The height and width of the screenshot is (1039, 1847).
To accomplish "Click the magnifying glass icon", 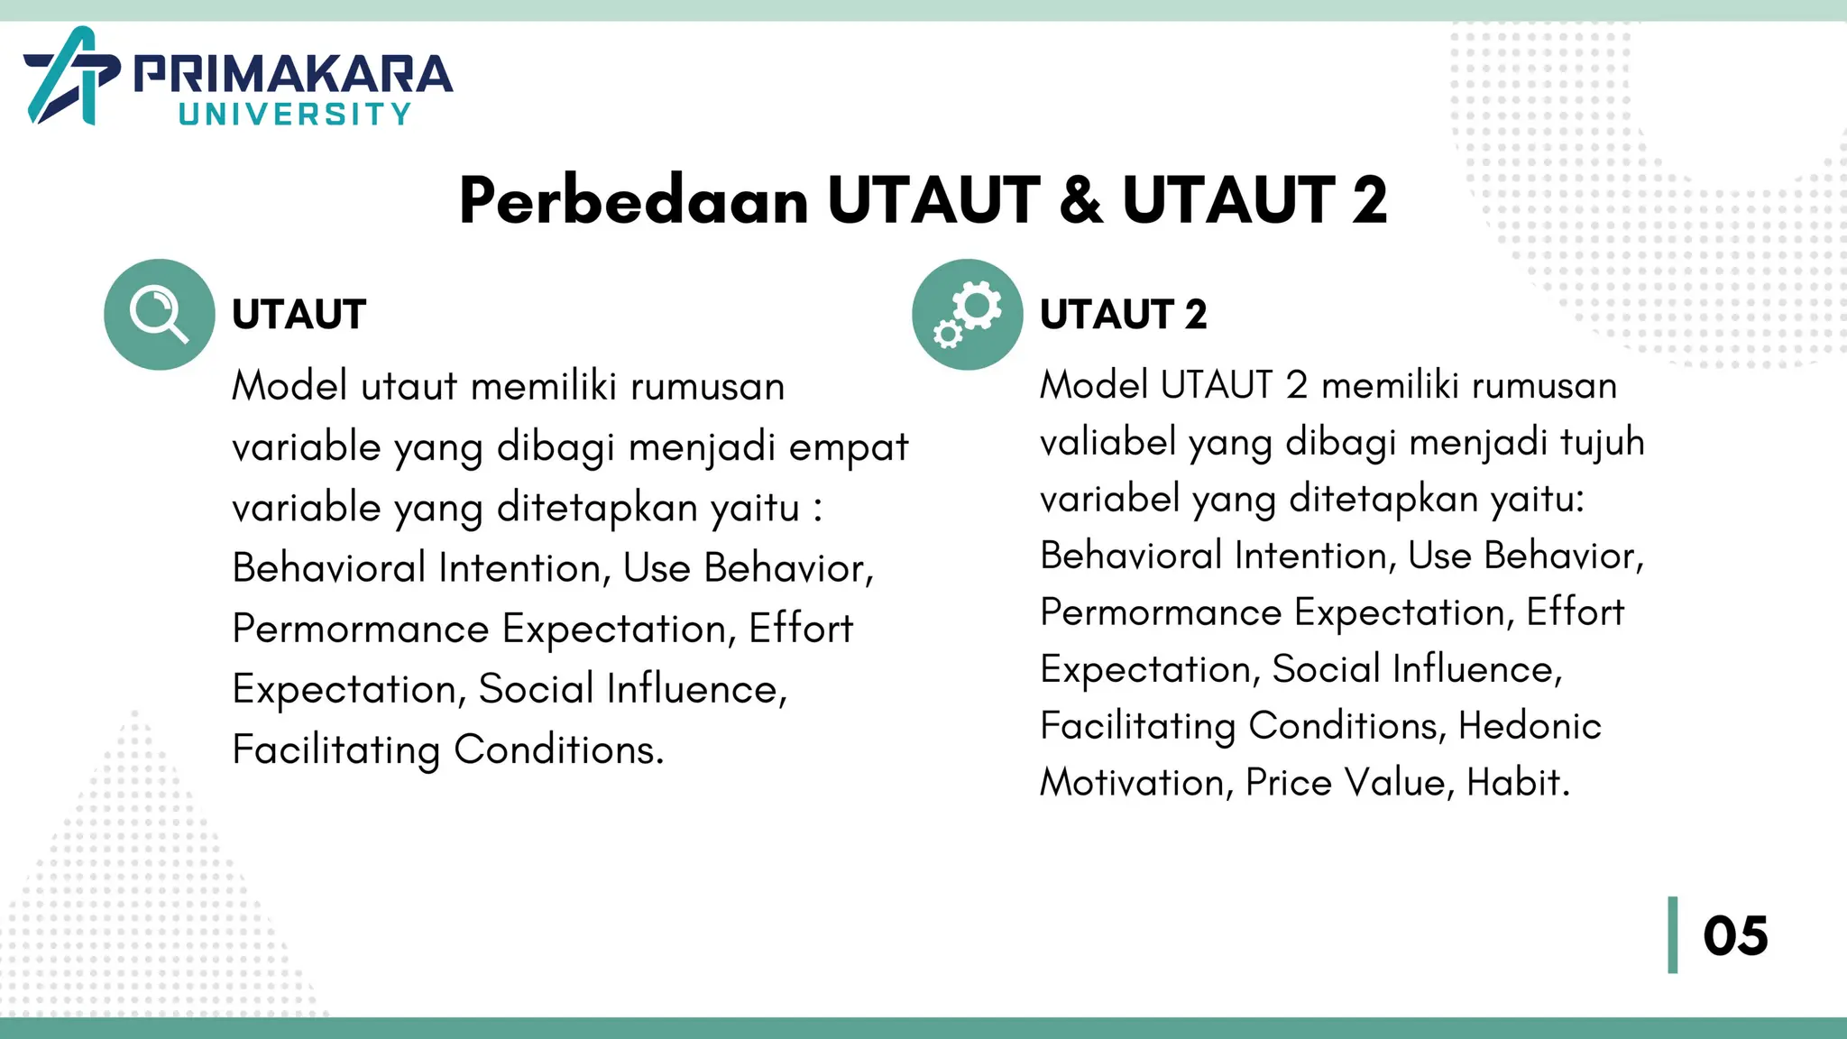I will pos(159,314).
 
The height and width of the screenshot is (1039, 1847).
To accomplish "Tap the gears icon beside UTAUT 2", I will pos(967,314).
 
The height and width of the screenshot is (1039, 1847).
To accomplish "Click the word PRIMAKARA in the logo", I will pos(293,74).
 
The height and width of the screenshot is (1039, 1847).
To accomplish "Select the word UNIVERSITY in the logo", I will pos(295,115).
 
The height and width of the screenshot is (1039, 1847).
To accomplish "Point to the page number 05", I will pos(1735,935).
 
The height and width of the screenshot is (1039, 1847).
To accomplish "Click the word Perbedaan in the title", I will pos(633,200).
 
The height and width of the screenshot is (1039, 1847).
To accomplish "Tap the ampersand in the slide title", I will pos(1081,200).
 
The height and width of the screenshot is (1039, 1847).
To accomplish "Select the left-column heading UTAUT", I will pos(299,315).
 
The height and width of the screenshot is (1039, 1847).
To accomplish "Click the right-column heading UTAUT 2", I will pos(1123,315).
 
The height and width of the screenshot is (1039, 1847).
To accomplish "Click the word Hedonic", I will pos(1530,726).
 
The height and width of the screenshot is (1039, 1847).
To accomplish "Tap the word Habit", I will pos(1518,783).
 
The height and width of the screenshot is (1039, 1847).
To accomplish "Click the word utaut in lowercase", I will pos(409,387).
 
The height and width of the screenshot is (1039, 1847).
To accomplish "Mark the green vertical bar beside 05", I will pos(1673,935).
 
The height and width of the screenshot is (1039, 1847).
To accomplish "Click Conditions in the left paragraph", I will pos(558,749).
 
